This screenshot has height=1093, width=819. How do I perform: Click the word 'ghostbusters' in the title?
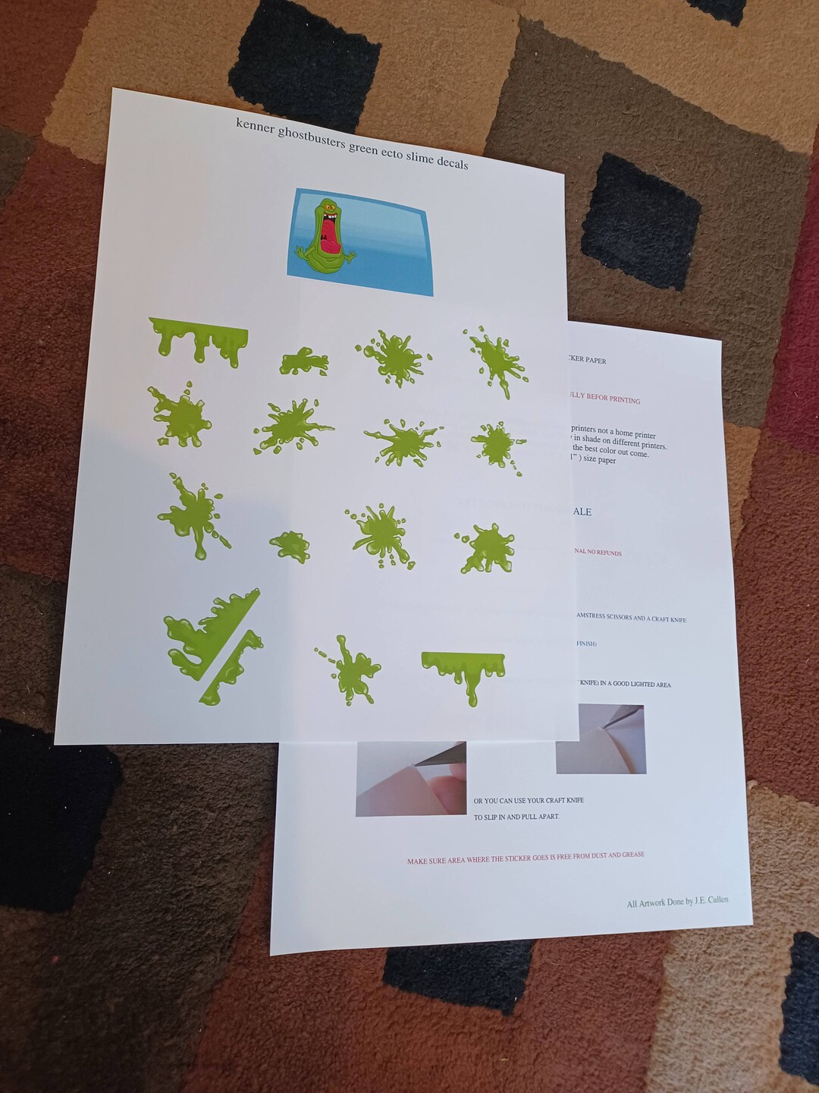312,138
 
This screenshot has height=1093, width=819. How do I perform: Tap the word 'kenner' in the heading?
255,126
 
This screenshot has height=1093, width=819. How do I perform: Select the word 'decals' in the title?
452,163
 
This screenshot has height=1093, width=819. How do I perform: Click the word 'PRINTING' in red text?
625,399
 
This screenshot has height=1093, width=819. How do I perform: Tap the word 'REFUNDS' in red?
608,553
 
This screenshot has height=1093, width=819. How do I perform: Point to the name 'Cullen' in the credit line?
717,899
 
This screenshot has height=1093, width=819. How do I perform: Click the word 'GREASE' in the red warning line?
632,855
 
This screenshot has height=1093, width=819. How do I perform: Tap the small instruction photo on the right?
600,739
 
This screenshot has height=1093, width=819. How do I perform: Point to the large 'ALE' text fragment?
582,512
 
